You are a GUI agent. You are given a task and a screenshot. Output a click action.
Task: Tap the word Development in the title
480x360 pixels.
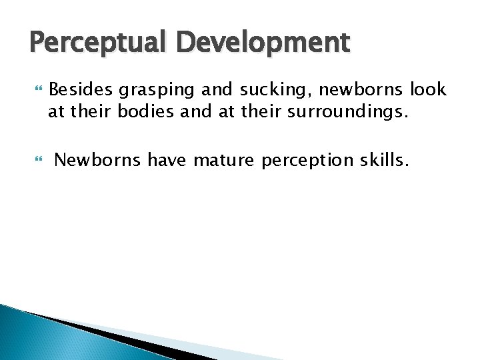263,43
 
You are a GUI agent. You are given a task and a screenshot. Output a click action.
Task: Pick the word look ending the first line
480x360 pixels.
427,89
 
